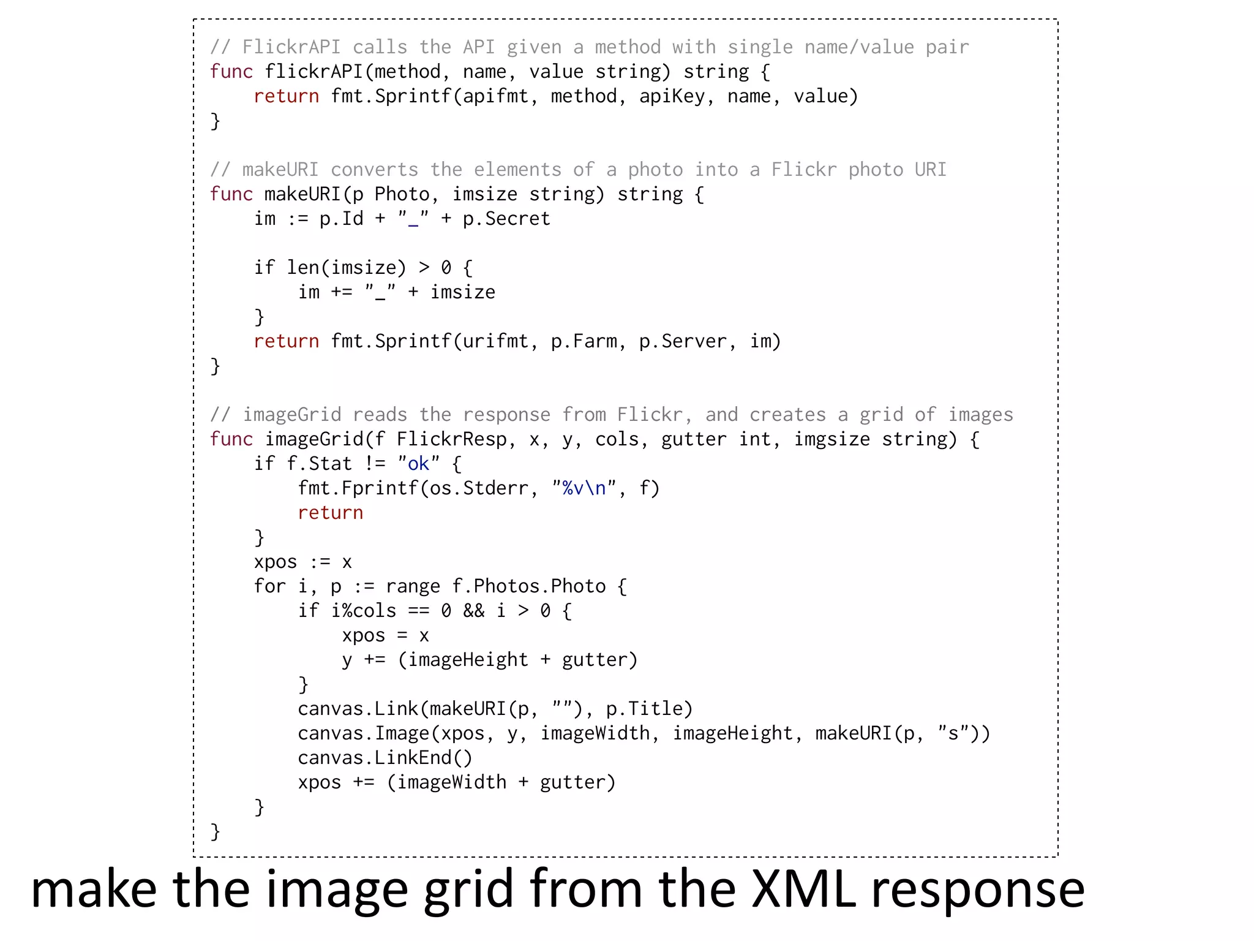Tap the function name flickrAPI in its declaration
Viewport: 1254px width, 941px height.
[x=313, y=72]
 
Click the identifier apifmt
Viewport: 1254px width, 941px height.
[x=495, y=96]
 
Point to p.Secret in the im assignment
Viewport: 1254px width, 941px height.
[x=506, y=219]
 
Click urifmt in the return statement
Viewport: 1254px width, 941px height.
[x=495, y=341]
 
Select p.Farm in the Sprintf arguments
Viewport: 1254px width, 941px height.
[x=584, y=341]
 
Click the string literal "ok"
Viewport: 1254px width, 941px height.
[x=419, y=464]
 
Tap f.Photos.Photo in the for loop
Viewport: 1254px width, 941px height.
[x=528, y=586]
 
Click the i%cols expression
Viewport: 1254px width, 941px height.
[x=363, y=611]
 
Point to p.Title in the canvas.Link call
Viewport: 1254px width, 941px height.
[x=649, y=709]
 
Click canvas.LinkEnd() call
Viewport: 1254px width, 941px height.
[x=385, y=758]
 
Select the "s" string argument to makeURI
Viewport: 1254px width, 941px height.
[x=953, y=733]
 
